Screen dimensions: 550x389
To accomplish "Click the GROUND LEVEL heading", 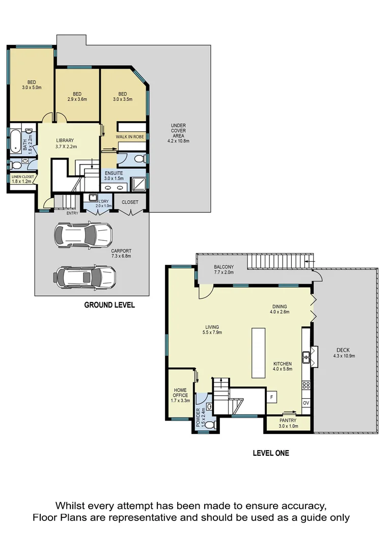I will pyautogui.click(x=109, y=305).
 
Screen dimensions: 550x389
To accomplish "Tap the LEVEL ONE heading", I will pyautogui.click(x=271, y=453).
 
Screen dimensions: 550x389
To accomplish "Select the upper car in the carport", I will pyautogui.click(x=83, y=235).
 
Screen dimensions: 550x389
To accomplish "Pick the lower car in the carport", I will pyautogui.click(x=85, y=277).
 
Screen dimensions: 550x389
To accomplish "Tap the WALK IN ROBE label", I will pyautogui.click(x=129, y=137).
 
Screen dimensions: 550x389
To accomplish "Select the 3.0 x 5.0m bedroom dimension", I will pyautogui.click(x=32, y=88).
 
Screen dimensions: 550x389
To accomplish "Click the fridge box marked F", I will pyautogui.click(x=271, y=396).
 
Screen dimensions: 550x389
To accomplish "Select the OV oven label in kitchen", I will pyautogui.click(x=306, y=403).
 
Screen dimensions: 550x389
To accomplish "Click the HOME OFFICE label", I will pyautogui.click(x=181, y=395).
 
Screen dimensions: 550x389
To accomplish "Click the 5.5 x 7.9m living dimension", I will pyautogui.click(x=212, y=333).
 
